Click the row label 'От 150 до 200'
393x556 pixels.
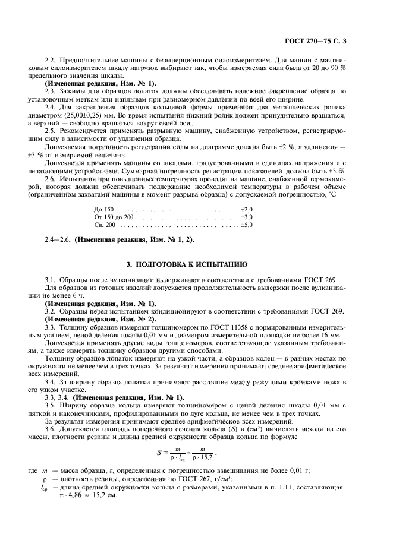pyautogui.click(x=114, y=217)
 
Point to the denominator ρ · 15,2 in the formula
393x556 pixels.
pyautogui.click(x=204, y=458)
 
